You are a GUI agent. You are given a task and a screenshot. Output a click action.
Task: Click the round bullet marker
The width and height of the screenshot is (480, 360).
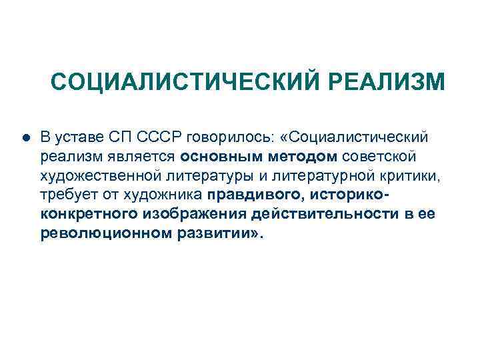tap(25, 138)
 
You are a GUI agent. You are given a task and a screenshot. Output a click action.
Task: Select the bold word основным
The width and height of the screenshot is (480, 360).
tap(215, 157)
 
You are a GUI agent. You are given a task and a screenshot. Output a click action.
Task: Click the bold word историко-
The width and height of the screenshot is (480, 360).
tap(347, 195)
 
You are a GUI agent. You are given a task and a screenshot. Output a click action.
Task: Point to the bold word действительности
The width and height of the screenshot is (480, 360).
tap(321, 215)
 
